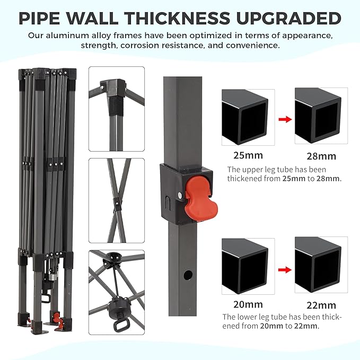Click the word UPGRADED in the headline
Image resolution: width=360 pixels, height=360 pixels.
pos(288,18)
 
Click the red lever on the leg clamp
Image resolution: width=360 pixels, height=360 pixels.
pos(201,198)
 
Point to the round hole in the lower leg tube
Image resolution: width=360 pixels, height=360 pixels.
pos(188,275)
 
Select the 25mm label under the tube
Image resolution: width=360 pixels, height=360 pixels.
pos(248,155)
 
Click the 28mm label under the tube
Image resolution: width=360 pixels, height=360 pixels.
pos(321,156)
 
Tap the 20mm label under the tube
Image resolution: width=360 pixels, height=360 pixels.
pos(248,304)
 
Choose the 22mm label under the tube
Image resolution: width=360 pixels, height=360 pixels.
pos(321,305)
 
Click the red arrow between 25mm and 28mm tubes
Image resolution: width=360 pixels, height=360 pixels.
pos(285,119)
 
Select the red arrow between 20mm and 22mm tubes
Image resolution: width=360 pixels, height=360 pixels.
pos(285,269)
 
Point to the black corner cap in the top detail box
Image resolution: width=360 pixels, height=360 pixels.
pos(113,88)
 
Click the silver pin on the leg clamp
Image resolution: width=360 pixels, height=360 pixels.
pos(180,195)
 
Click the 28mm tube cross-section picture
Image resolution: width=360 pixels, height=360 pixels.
pos(321,116)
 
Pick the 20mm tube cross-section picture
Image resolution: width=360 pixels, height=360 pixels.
pos(248,266)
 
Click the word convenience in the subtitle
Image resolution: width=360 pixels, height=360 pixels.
pos(253,45)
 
